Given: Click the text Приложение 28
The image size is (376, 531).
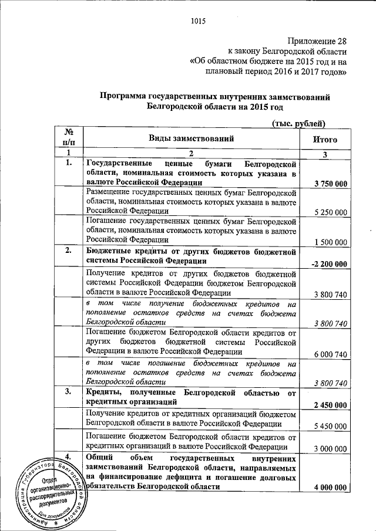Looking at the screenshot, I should click(x=313, y=41).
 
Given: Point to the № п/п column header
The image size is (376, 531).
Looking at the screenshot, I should click(x=68, y=137).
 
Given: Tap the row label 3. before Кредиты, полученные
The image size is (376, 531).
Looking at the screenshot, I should click(x=68, y=391).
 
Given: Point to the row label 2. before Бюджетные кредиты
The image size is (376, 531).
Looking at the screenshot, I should click(x=68, y=251).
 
